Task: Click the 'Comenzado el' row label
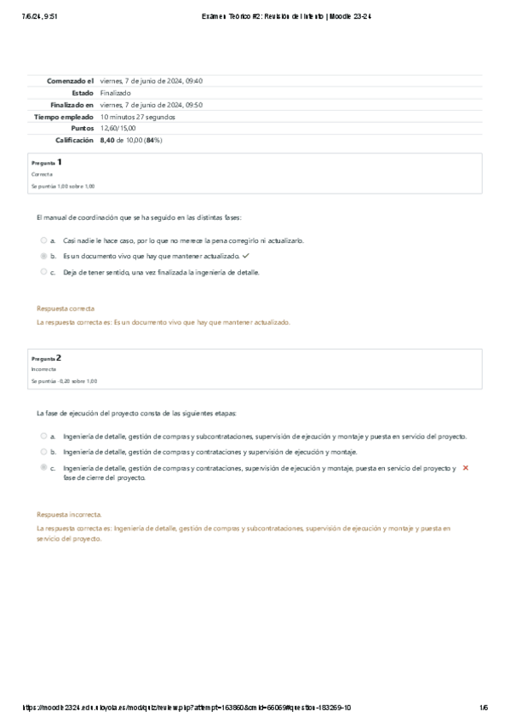pos(71,81)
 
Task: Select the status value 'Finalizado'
pos(116,93)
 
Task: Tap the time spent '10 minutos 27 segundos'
pos(138,116)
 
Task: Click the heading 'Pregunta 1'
pos(46,162)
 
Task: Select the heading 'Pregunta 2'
pos(46,358)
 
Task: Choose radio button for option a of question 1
pos(43,240)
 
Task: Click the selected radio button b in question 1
pos(43,256)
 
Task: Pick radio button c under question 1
pos(43,272)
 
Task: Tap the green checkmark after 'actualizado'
pos(246,256)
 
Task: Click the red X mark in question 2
pos(465,469)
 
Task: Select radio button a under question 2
pos(43,436)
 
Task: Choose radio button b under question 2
pos(43,452)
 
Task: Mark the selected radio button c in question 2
pos(43,468)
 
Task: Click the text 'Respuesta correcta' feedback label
pos(66,308)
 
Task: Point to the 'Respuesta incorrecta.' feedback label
pos(69,514)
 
